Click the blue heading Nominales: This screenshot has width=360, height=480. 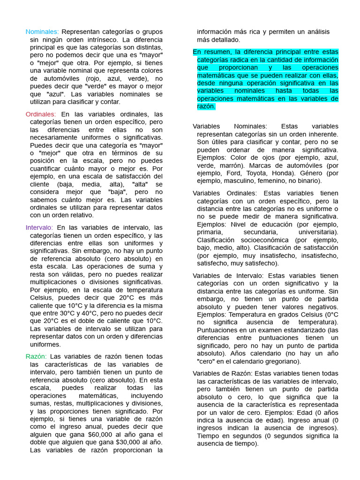coord(42,32)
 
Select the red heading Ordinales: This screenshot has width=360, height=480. coord(41,114)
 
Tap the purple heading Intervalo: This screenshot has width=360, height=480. coord(39,228)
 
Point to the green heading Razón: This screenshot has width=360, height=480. coord(36,356)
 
